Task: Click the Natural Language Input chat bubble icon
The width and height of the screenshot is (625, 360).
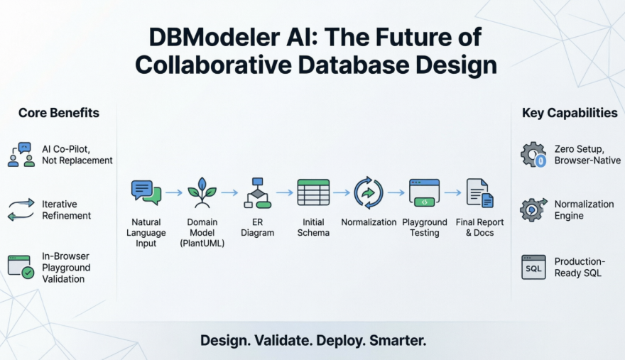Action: (146, 192)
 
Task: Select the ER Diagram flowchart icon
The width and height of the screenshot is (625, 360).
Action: (258, 192)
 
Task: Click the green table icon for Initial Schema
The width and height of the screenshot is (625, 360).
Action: (313, 192)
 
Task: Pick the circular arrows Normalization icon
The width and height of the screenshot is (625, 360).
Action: (369, 192)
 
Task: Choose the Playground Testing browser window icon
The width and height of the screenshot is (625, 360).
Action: (424, 192)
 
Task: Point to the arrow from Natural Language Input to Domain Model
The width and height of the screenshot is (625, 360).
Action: (174, 192)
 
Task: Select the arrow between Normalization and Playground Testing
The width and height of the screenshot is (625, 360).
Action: (396, 192)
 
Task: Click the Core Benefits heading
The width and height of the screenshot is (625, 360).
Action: (59, 113)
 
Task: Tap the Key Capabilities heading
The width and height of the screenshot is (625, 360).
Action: (570, 113)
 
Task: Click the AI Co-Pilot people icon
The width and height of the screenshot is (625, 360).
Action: (21, 155)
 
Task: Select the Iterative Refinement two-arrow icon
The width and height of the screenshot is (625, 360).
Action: (21, 209)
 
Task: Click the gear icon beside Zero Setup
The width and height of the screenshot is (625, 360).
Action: (533, 155)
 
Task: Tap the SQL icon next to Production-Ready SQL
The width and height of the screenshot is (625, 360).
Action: (533, 267)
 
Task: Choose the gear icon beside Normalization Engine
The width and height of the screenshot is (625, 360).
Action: (533, 209)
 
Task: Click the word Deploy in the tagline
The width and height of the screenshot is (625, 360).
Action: (334, 340)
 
